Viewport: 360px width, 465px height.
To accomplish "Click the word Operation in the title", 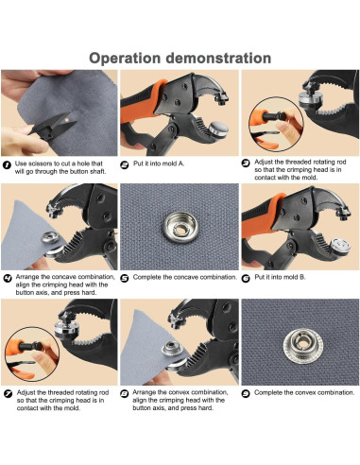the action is coord(125,59).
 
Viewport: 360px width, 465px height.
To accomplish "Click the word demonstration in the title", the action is coord(218,58).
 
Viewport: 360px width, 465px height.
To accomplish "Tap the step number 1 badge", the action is coord(7,164).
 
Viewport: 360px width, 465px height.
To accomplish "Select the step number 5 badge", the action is coord(125,278).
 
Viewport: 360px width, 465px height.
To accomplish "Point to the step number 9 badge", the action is coord(246,393).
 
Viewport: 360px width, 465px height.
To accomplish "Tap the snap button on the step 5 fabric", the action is coord(180,226).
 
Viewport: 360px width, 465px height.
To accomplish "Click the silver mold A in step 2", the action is coord(219,129).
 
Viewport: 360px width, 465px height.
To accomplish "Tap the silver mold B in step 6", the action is coord(340,247).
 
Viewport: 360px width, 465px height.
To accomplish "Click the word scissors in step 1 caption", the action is coord(41,164).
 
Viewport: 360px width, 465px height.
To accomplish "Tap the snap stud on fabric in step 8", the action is coord(171,349).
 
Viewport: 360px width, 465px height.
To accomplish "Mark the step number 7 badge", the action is coord(9,393).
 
